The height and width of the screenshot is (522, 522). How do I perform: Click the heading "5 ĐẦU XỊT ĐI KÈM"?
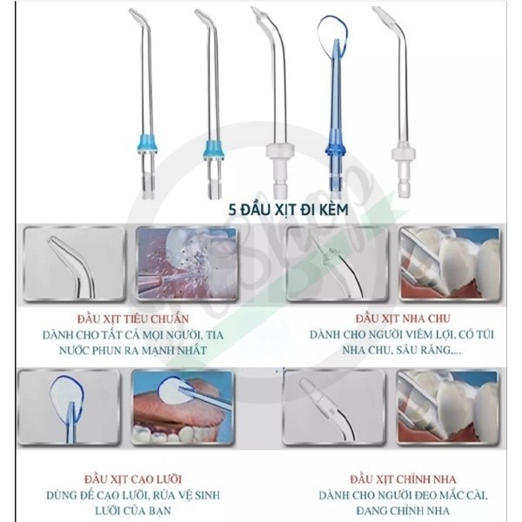(288, 210)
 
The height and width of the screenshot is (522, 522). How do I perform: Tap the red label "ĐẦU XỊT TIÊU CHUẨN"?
(133, 319)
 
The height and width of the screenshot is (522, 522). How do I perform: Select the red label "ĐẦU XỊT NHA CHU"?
(403, 318)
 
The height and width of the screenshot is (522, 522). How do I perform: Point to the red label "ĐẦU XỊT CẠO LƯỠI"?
(133, 479)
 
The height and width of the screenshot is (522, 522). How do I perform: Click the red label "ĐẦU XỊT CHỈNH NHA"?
(403, 479)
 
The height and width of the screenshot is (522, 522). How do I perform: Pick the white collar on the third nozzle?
(280, 151)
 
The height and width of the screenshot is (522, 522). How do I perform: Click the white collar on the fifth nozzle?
(403, 153)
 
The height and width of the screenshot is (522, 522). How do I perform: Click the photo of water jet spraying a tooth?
(187, 263)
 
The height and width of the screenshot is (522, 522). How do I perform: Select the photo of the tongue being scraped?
(182, 407)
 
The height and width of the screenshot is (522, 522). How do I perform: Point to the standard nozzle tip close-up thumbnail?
(74, 264)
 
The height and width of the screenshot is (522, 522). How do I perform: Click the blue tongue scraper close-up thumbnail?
(69, 407)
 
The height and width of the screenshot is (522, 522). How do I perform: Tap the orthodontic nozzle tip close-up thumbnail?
(334, 407)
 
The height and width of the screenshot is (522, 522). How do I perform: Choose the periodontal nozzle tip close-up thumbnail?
(337, 264)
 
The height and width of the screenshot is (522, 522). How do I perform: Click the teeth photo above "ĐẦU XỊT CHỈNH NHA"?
(448, 407)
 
